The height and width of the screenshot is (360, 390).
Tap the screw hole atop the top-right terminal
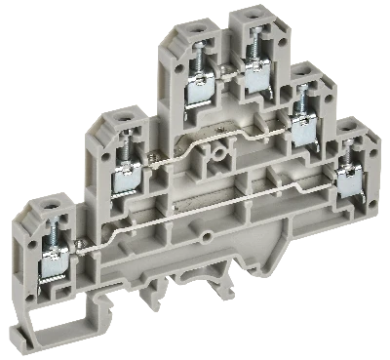(x=253, y=17)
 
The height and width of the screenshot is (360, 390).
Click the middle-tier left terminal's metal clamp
(x=128, y=178)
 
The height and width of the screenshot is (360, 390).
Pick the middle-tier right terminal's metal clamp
(x=301, y=127)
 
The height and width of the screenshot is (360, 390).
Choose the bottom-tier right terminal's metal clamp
(x=348, y=181)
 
